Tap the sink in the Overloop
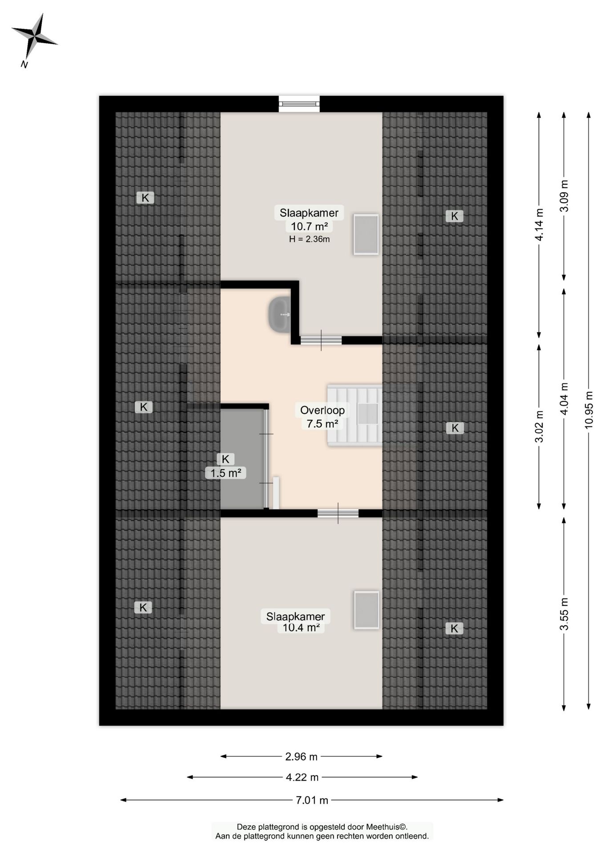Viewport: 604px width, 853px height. [279, 315]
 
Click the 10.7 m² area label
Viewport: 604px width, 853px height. [309, 226]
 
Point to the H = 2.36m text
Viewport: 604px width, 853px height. [309, 239]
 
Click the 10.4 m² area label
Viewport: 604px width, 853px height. [301, 628]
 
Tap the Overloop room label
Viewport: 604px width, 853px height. [322, 411]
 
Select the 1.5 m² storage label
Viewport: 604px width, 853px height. [225, 473]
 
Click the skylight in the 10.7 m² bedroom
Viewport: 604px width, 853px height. [366, 235]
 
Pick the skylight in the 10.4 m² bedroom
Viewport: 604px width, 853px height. [366, 610]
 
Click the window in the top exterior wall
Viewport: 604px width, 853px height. [299, 104]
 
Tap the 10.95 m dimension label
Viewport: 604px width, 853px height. [589, 410]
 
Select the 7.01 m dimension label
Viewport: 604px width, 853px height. [312, 800]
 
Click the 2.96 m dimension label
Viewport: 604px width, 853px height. [301, 756]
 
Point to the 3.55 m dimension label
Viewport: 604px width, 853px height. [564, 614]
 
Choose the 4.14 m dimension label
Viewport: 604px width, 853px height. [539, 225]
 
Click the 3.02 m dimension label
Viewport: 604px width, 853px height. [539, 426]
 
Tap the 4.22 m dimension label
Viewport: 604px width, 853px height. [302, 777]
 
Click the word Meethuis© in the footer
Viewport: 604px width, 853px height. [387, 827]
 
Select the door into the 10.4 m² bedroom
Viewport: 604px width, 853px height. [338, 513]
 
